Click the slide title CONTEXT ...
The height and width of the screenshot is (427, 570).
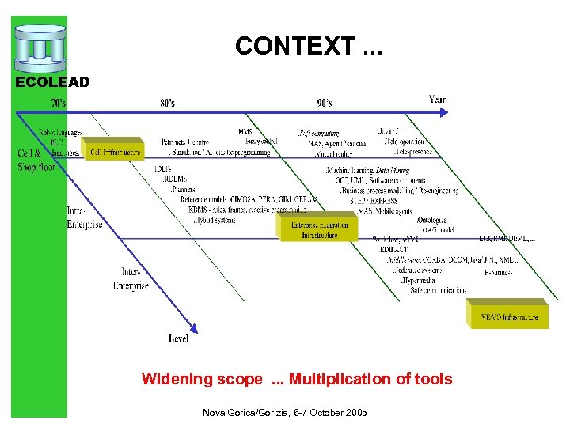pyautogui.click(x=307, y=47)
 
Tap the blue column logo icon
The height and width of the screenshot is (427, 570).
pyautogui.click(x=39, y=48)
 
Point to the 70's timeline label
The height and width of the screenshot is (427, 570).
pyautogui.click(x=59, y=103)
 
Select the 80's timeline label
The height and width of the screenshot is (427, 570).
pyautogui.click(x=168, y=103)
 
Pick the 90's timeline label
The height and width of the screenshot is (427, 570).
pyautogui.click(x=324, y=103)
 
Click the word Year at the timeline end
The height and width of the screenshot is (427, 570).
pyautogui.click(x=437, y=100)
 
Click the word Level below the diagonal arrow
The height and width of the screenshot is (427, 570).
pyautogui.click(x=178, y=338)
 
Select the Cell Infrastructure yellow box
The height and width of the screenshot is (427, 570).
pyautogui.click(x=116, y=152)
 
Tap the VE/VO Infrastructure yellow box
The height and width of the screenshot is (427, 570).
pyautogui.click(x=509, y=317)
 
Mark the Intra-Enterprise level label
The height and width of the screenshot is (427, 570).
pyautogui.click(x=84, y=218)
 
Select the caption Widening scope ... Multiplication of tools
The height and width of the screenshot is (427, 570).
pyautogui.click(x=297, y=380)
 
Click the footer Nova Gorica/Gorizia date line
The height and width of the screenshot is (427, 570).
pyautogui.click(x=284, y=413)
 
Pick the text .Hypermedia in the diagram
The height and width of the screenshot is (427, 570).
pyautogui.click(x=419, y=281)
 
